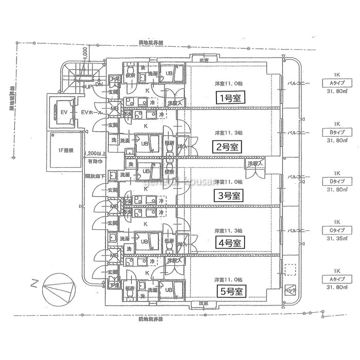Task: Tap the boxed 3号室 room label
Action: [228, 195]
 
